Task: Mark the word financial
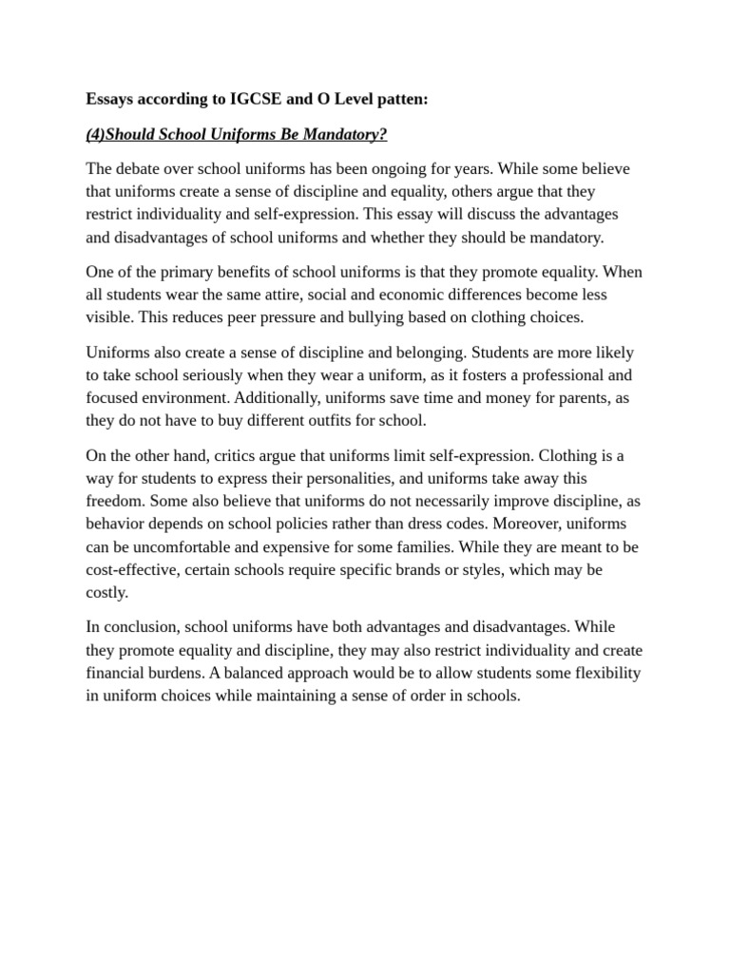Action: tap(118, 674)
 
